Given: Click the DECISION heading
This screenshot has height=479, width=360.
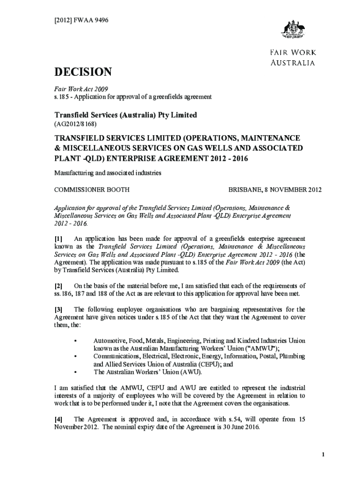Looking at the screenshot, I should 84,72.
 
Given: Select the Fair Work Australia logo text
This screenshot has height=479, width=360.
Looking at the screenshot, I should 293,58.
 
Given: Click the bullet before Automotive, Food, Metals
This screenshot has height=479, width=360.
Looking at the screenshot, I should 76,341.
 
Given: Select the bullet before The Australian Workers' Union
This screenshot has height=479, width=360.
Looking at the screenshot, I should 76,372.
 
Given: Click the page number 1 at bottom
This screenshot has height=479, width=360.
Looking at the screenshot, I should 317,455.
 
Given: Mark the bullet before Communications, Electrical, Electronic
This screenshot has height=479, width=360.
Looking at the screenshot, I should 76,356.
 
